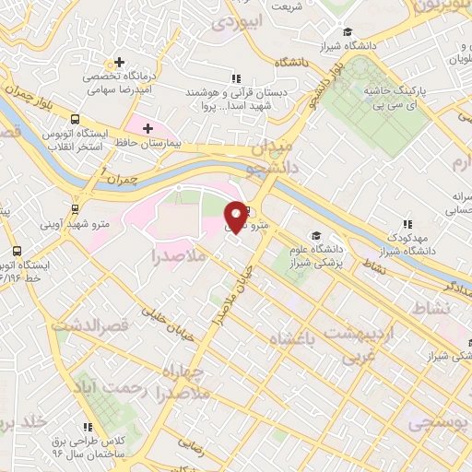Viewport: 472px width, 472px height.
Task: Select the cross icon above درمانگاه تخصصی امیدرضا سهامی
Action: click(x=120, y=61)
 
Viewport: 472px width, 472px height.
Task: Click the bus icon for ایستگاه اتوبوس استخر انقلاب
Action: click(x=74, y=119)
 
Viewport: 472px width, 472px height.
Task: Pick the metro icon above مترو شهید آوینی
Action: click(x=75, y=208)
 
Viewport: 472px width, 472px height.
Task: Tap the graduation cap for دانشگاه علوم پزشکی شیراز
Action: click(x=316, y=237)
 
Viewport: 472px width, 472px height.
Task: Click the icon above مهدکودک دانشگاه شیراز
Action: click(x=407, y=224)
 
